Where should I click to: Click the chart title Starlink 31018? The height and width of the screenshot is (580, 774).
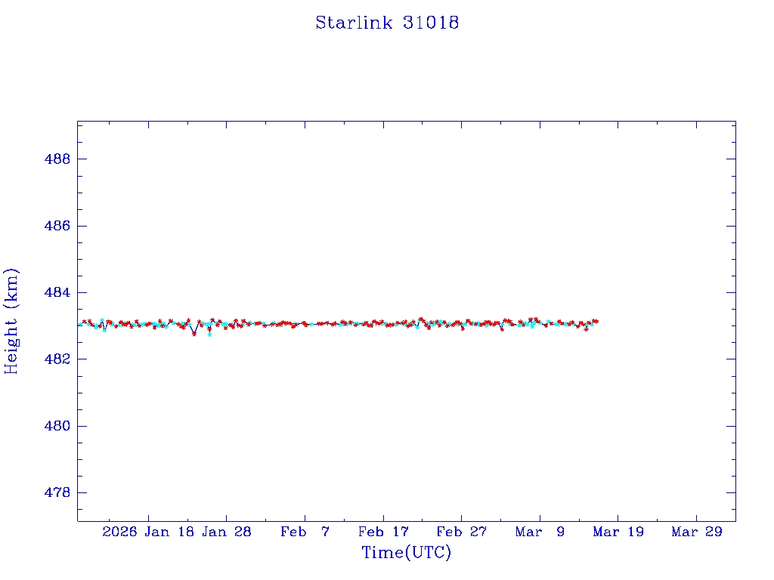point(387,23)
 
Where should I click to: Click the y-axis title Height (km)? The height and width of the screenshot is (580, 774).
point(11,321)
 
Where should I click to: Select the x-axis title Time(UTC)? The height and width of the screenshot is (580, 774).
point(406,553)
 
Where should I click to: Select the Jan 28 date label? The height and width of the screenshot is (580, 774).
point(227,532)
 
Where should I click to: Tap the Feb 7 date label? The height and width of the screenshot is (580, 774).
point(305,532)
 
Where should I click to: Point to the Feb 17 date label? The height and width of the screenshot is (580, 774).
point(383,532)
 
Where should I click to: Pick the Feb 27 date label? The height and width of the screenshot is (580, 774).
point(461,532)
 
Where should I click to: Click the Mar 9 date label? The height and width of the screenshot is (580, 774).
point(540,532)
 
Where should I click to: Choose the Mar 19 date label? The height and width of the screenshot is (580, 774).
point(618,532)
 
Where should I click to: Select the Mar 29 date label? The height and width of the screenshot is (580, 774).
point(696,532)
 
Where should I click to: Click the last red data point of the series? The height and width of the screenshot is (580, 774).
point(596,322)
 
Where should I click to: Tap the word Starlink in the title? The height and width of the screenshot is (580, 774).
point(354,23)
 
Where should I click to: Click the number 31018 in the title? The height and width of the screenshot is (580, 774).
point(431,23)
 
